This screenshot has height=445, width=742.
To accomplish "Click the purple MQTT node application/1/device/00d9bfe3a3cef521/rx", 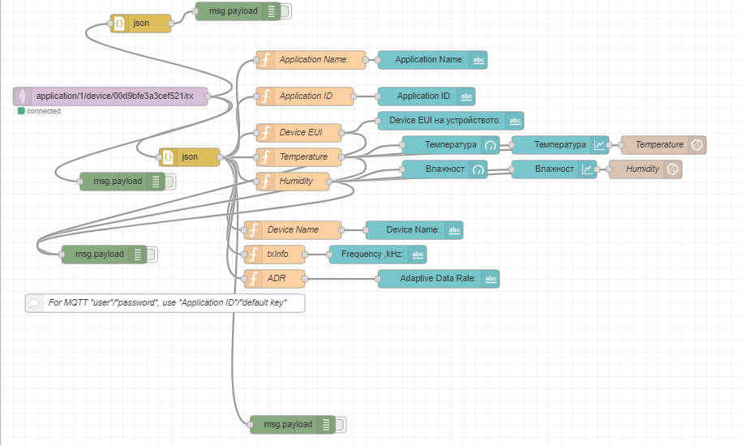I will pyautogui.click(x=110, y=96).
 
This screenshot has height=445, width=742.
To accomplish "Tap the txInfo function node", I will pyautogui.click(x=276, y=255).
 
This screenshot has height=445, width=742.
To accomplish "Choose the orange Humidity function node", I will pyautogui.click(x=293, y=181).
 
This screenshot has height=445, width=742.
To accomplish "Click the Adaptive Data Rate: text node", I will pyautogui.click(x=438, y=279).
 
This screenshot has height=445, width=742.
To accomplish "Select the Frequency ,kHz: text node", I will pyautogui.click(x=377, y=255).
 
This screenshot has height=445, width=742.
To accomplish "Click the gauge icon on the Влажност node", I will pyautogui.click(x=478, y=169).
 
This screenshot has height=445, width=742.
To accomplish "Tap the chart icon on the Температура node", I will pyautogui.click(x=598, y=145).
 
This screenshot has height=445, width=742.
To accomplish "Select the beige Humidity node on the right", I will pyautogui.click(x=645, y=169).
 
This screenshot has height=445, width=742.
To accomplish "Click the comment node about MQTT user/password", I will pyautogui.click(x=165, y=303).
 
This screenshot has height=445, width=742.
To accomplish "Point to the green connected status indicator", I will pyautogui.click(x=21, y=111).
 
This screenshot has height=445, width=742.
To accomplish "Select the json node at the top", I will pyautogui.click(x=141, y=24).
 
